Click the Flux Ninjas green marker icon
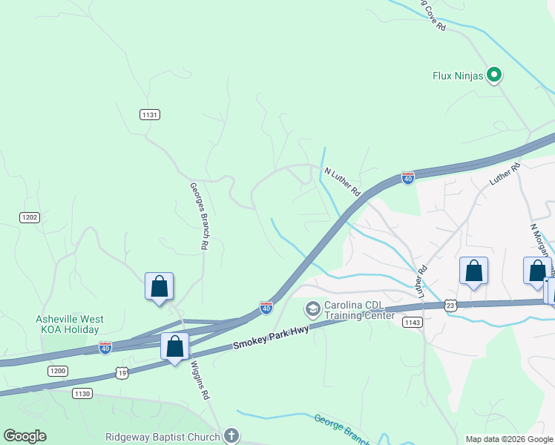[x=494, y=75]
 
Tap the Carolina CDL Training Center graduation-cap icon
[x=313, y=308]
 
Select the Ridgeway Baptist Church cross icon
[x=231, y=436]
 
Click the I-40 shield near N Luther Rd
[x=407, y=178]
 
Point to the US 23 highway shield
[x=450, y=305]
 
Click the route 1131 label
[x=150, y=114]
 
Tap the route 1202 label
[x=29, y=217]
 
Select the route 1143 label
[x=412, y=322]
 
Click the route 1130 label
[x=82, y=394]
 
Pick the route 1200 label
[x=57, y=370]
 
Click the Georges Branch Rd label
[x=198, y=215]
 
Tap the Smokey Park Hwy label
[x=269, y=336]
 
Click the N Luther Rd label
[x=342, y=182]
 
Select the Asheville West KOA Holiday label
[x=70, y=324]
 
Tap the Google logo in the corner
[x=24, y=436]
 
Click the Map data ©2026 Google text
[x=508, y=439]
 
